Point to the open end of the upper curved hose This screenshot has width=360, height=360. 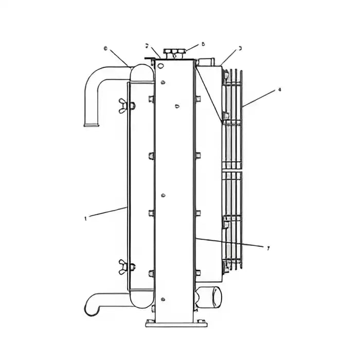click(x=91, y=123)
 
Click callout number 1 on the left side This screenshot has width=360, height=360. click(x=85, y=219)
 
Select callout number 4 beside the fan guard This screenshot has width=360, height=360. click(x=279, y=89)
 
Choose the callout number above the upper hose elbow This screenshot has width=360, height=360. click(x=105, y=48)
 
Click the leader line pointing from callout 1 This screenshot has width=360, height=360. click(x=107, y=213)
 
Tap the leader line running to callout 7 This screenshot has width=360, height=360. click(x=231, y=243)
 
